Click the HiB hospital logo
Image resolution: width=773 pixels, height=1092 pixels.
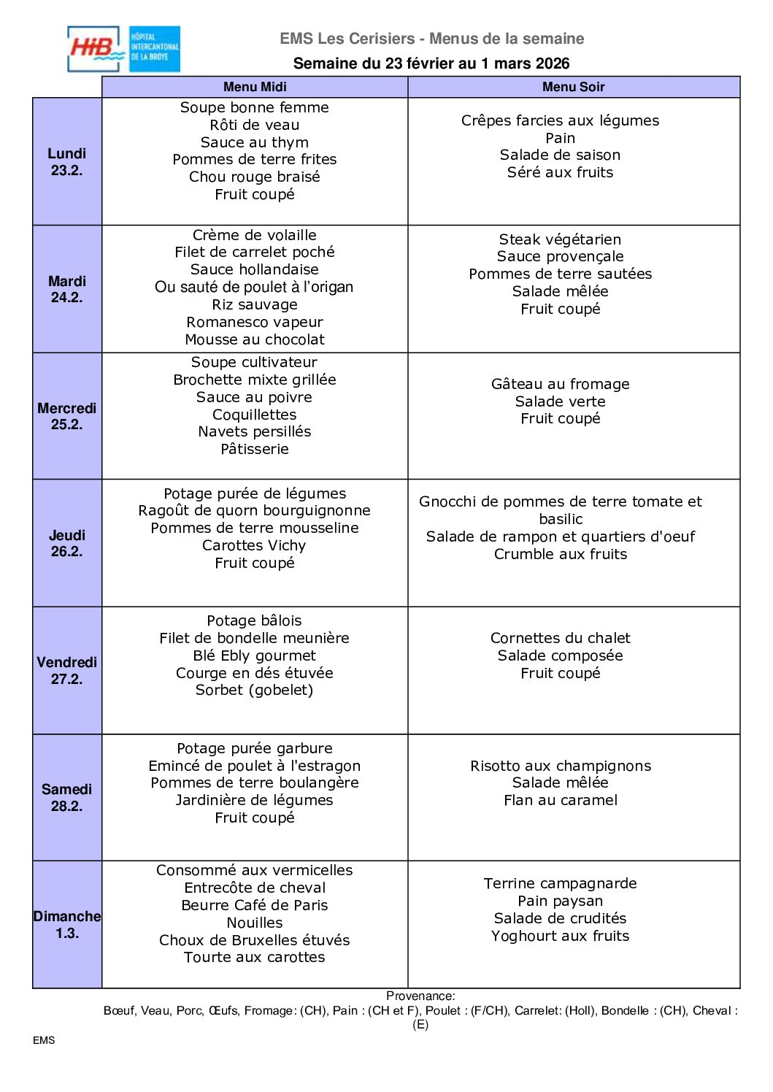click(123, 49)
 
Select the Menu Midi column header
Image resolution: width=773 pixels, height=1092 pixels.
click(255, 87)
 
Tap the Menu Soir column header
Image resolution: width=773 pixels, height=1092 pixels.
click(573, 87)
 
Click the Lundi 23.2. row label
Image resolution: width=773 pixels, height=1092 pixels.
click(67, 161)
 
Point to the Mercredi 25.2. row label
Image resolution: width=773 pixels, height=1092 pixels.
click(67, 416)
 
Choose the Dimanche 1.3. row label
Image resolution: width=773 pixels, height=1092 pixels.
click(67, 924)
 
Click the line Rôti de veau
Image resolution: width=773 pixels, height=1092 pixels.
click(255, 125)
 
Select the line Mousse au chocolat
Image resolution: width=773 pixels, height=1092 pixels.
click(255, 339)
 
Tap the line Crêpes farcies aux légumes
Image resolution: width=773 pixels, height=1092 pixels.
click(560, 120)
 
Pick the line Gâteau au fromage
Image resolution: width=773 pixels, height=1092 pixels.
click(560, 384)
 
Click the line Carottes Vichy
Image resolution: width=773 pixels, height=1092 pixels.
click(255, 545)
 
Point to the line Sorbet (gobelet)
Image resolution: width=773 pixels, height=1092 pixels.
click(255, 690)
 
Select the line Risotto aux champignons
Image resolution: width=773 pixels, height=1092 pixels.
click(560, 766)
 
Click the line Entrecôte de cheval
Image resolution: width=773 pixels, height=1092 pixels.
click(255, 888)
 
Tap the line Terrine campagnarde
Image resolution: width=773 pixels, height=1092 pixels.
click(560, 883)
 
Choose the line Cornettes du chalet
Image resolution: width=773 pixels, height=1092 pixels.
click(560, 638)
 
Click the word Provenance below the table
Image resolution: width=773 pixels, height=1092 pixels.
click(420, 996)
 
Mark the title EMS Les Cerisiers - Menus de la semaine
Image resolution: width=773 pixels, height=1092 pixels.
click(432, 39)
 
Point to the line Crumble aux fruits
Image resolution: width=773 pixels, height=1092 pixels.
click(560, 554)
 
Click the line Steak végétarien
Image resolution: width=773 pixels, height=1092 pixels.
click(560, 239)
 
